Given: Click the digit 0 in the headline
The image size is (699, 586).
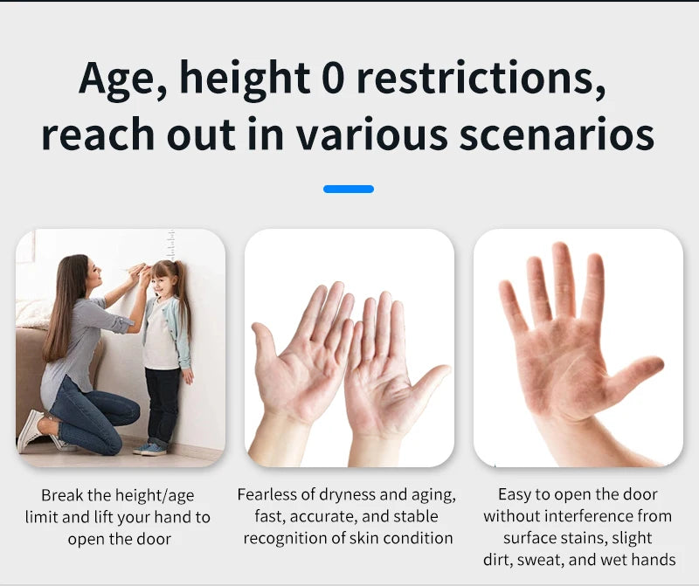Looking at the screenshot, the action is (333, 78).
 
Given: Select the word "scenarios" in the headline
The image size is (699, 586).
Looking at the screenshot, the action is (557, 134).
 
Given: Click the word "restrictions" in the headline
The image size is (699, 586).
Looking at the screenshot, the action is (481, 78).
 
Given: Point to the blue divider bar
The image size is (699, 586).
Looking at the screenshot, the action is (349, 189).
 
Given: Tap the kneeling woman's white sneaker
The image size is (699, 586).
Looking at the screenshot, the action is (30, 430).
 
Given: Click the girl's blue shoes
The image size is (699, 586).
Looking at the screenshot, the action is (150, 449).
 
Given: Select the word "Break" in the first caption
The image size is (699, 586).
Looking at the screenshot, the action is (62, 495).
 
